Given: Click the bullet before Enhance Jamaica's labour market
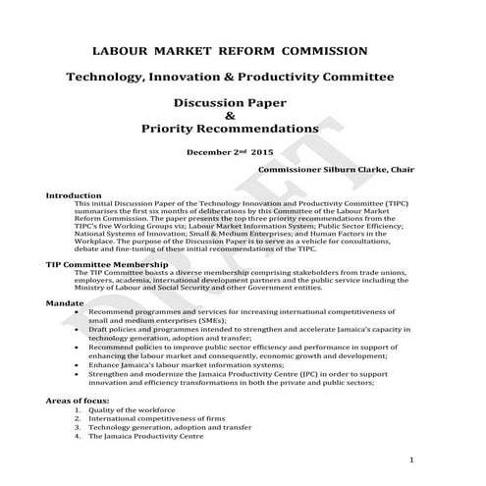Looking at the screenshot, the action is point(77,364).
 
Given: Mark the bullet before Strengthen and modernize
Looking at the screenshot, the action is point(77,374).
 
